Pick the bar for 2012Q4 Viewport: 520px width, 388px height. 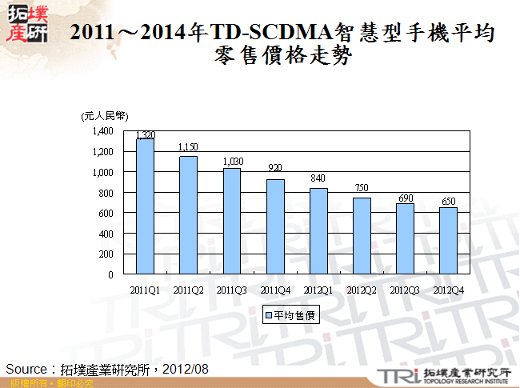click(448, 241)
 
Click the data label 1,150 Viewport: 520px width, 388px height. click(188, 147)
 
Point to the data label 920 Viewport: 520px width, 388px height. click(274, 169)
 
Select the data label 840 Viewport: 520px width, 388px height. click(318, 178)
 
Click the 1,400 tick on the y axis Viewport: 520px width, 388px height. click(103, 131)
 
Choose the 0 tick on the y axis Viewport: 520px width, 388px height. click(112, 275)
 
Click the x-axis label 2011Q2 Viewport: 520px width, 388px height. click(188, 289)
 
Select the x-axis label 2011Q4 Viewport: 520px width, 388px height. click(274, 289)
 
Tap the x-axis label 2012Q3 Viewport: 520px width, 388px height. click(405, 289)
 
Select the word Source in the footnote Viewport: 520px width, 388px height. click(27, 369)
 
